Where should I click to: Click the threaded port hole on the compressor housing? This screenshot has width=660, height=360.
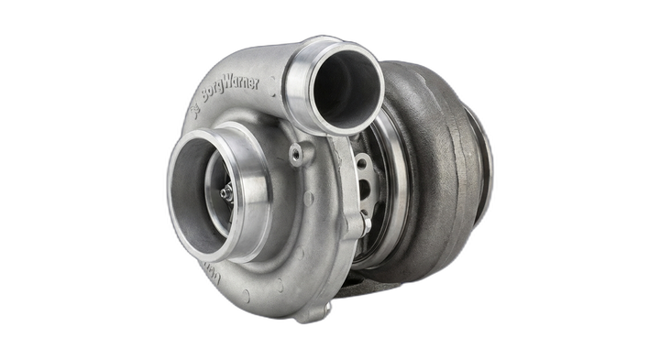point(295,156)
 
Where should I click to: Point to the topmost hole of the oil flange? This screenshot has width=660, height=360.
point(361,162)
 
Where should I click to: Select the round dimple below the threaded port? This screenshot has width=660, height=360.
point(309,197)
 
